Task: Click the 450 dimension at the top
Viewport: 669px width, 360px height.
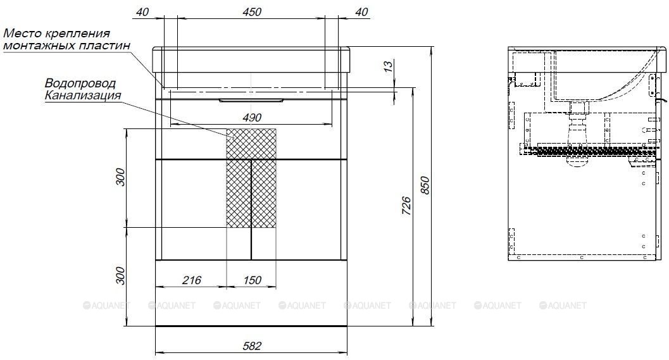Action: point(252,11)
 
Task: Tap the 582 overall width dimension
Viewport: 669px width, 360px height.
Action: point(252,345)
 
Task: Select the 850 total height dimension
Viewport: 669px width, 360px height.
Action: point(425,185)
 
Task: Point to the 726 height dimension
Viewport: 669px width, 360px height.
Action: point(406,206)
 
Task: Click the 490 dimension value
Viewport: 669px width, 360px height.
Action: point(252,117)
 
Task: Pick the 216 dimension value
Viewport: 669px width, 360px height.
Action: point(192,280)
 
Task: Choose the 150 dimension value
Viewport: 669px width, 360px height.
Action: point(252,280)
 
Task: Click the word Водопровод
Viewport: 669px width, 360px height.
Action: point(80,83)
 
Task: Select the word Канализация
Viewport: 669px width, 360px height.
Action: point(83,95)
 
